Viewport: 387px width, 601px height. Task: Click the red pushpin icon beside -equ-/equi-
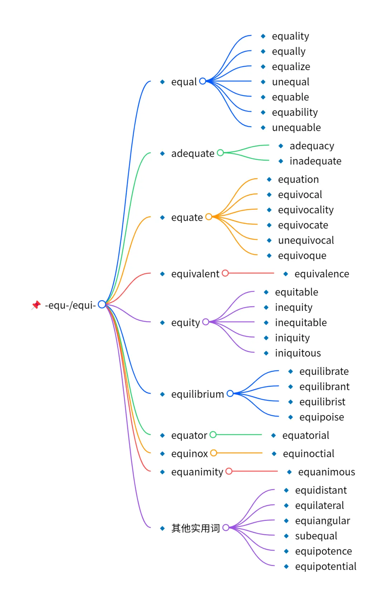[x=36, y=305]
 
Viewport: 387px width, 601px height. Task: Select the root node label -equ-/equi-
[x=70, y=305]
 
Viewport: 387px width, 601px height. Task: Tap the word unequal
[x=290, y=82]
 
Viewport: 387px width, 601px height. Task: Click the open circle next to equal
[x=202, y=81]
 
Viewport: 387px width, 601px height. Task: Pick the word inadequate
[x=315, y=161]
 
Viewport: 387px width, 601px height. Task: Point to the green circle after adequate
[x=220, y=153]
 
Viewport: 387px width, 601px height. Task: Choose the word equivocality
[x=306, y=210]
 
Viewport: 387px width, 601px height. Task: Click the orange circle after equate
[x=209, y=216]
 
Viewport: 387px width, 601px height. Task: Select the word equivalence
[x=321, y=274]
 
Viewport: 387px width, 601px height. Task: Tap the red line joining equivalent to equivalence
[x=251, y=273]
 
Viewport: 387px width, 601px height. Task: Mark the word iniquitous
[x=298, y=353]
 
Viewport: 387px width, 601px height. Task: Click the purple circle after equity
[x=206, y=322]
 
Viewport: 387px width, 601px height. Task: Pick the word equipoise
[x=321, y=417]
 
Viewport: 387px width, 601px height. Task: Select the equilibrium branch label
[x=197, y=394]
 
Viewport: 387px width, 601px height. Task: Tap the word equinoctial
[x=308, y=454]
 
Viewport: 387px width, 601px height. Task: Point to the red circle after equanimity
[x=229, y=471]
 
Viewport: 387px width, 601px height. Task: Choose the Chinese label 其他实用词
[x=195, y=528]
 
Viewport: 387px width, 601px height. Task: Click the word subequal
[x=316, y=536]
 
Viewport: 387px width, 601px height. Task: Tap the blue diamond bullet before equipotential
[x=286, y=566]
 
